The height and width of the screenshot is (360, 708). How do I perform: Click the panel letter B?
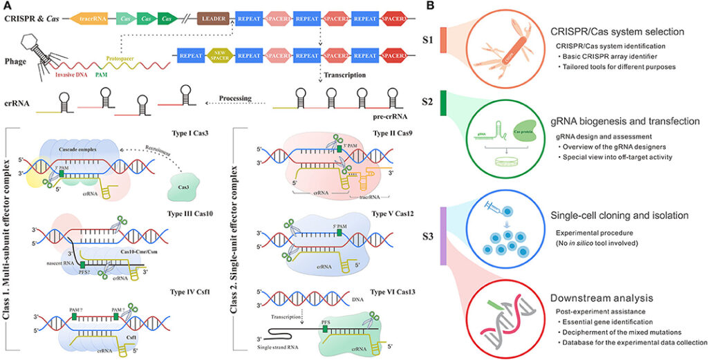click(430, 6)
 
